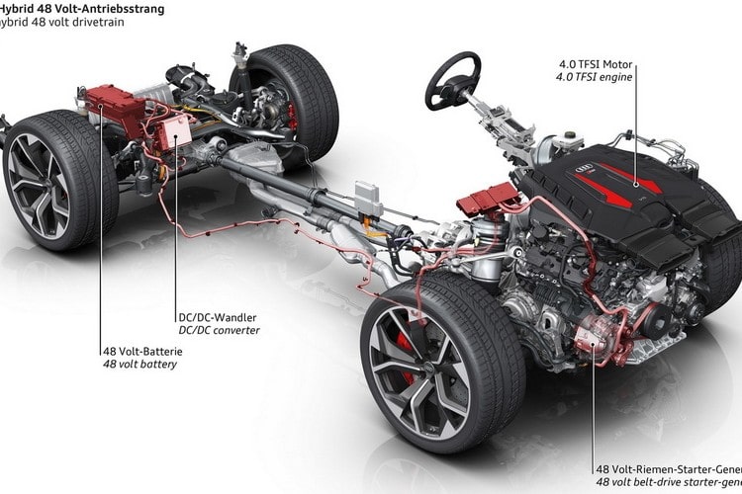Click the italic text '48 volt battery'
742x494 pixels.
click(x=138, y=363)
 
